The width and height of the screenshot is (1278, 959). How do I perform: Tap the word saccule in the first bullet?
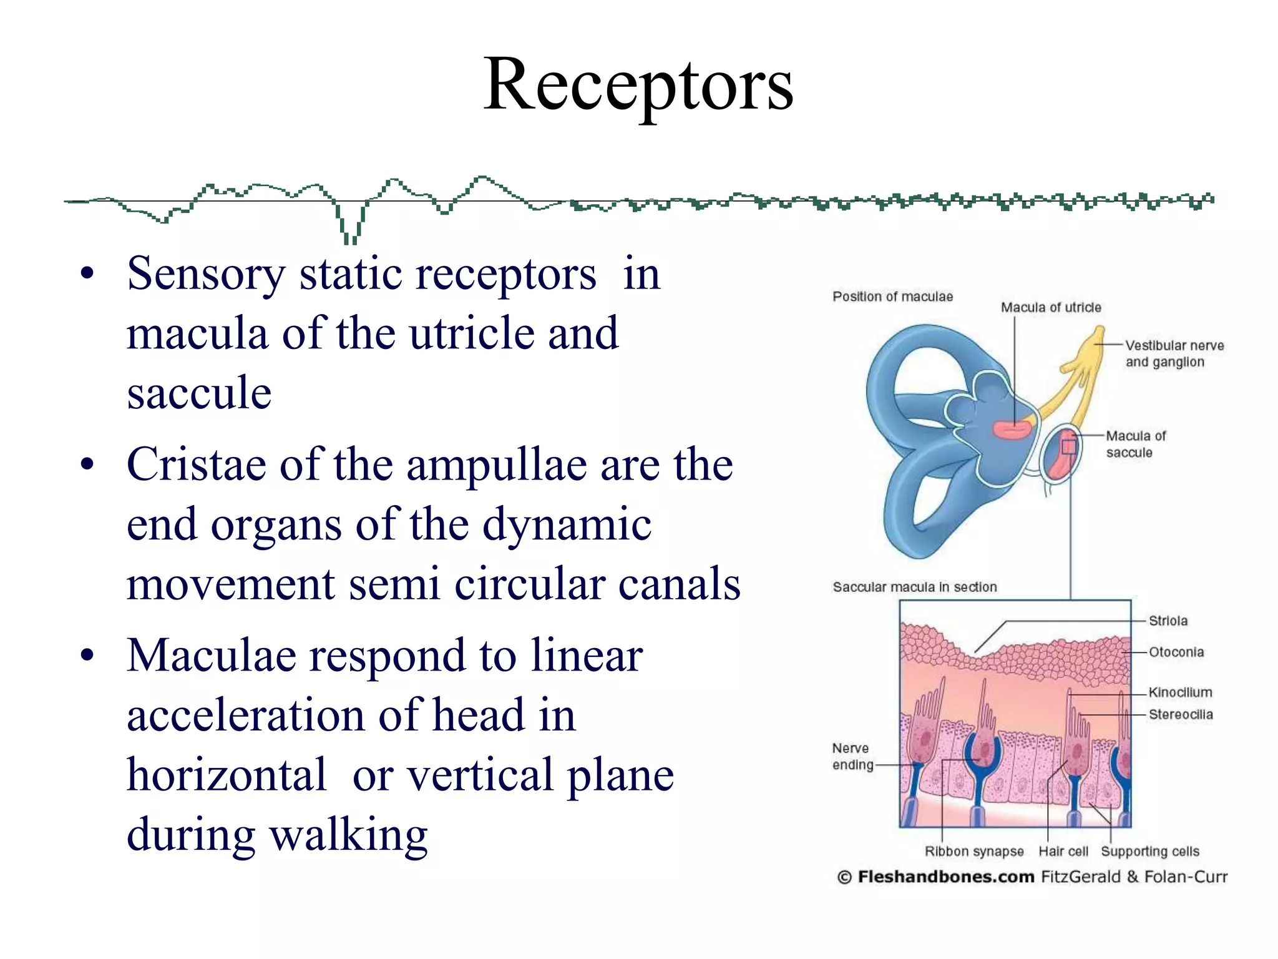[x=199, y=393]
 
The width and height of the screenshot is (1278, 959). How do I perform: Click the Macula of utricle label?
[x=1051, y=307]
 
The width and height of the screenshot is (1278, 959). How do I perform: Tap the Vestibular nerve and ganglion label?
[x=1174, y=353]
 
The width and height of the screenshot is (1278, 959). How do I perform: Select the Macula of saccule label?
[x=1135, y=444]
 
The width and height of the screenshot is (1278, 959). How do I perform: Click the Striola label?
[x=1168, y=621]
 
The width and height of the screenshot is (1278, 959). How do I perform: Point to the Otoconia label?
[x=1176, y=652]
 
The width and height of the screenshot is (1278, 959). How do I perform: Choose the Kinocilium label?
[x=1180, y=692]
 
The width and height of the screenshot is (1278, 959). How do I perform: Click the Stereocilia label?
[x=1181, y=714]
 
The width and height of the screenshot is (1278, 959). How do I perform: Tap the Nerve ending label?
[x=852, y=756]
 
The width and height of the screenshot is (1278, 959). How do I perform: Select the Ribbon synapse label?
[x=973, y=852]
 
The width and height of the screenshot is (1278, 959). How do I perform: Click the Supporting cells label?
[x=1149, y=852]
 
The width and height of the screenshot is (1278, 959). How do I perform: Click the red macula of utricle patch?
[x=1013, y=430]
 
